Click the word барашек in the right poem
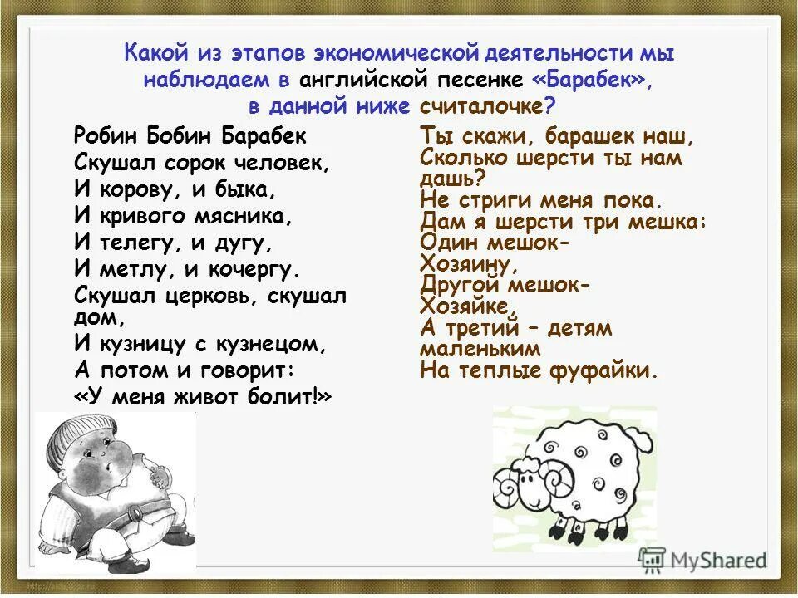click(586, 136)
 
